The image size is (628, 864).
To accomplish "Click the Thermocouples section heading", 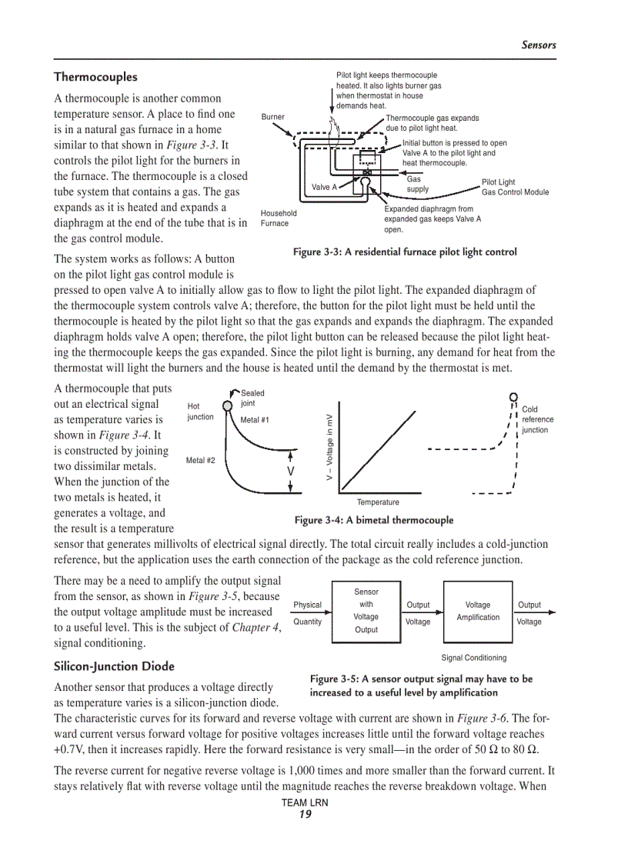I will coord(95,77).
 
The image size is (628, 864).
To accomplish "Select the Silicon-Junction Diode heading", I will coord(114,666).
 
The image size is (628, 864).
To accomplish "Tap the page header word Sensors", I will coord(538,45).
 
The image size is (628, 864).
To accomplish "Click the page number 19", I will coord(305,815).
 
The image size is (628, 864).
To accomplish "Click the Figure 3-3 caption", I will coord(404,252).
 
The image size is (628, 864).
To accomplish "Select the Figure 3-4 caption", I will coord(374,520).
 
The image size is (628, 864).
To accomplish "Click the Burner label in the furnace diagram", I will coord(272,117).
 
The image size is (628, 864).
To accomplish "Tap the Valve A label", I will coord(324,187).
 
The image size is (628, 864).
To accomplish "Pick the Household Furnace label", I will coord(278,218).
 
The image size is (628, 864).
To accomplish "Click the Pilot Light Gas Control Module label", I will coord(515,187).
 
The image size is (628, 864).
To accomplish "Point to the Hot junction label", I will coord(200,412).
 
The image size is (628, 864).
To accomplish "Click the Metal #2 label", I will coord(200,460).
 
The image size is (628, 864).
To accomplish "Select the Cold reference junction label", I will coord(537,419).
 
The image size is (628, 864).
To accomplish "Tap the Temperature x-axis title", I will coord(378,502).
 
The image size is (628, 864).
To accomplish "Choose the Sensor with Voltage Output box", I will coord(366,611).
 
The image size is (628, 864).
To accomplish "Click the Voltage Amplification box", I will coord(477,611).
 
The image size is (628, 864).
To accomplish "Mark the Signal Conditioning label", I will coord(473,657).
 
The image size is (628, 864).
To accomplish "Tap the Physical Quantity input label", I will coord(307,613).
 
